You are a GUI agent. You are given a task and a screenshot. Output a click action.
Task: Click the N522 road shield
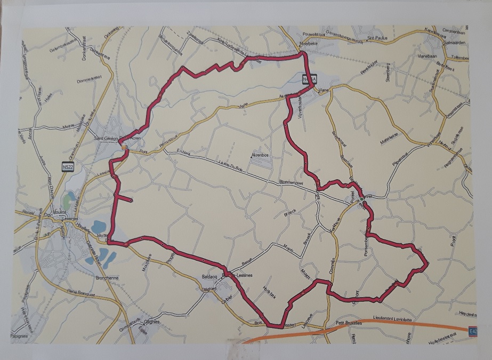tap(68, 166)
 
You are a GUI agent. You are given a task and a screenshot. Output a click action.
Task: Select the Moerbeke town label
tap(310, 44)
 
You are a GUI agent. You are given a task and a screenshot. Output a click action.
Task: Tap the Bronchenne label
tap(103, 278)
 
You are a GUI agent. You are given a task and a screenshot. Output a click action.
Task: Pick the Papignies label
tap(19, 336)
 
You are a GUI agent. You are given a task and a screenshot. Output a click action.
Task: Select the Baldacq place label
tap(209, 277)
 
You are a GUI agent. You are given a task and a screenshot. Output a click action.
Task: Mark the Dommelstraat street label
tap(89, 79)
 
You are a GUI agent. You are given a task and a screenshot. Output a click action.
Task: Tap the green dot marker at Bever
tap(361, 199)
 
